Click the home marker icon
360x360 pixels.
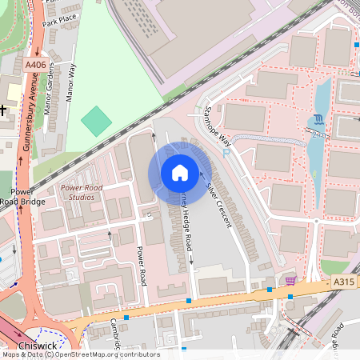(179, 173)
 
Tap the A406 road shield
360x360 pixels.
(35, 65)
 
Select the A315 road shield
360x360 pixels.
(344, 282)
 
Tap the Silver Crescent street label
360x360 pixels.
(214, 201)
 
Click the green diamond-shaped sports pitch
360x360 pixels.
(97, 121)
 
